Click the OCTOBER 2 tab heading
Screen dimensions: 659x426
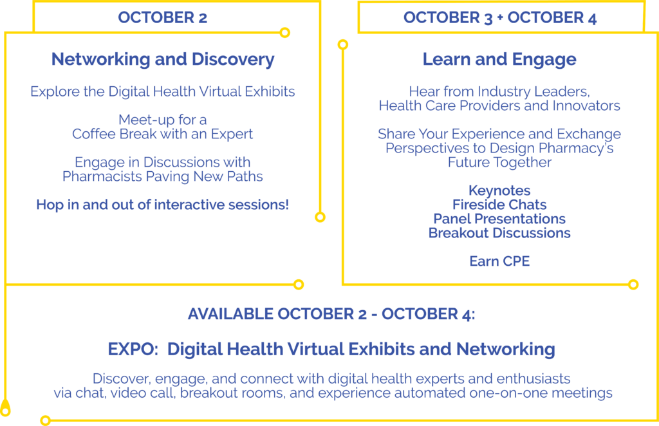[x=162, y=17]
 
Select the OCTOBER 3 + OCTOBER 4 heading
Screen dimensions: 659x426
[x=499, y=17]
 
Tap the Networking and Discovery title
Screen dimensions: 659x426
[x=163, y=59]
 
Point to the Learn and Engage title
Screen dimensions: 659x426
[x=499, y=60]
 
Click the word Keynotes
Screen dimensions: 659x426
[x=499, y=190]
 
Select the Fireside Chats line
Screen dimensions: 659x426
[x=499, y=205]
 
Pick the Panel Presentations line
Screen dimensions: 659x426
[x=499, y=219]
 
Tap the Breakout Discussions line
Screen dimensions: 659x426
[x=499, y=233]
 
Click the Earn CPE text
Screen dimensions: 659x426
[x=499, y=261]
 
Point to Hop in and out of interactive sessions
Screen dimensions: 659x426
[x=163, y=205]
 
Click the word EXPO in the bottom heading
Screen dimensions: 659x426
[x=133, y=349]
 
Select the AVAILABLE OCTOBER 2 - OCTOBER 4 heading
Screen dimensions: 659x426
[x=331, y=314]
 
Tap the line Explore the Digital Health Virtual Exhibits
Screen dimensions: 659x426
[x=163, y=91]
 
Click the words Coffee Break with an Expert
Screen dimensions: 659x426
[x=163, y=134]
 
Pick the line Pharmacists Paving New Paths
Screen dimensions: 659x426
[x=163, y=176]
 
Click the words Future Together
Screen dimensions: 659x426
[x=499, y=162]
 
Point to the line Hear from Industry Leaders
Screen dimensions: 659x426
[x=499, y=91]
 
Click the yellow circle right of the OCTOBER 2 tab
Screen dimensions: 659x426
[x=285, y=32]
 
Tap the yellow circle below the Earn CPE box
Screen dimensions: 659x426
[x=633, y=285]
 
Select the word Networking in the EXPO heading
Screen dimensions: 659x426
[x=506, y=349]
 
